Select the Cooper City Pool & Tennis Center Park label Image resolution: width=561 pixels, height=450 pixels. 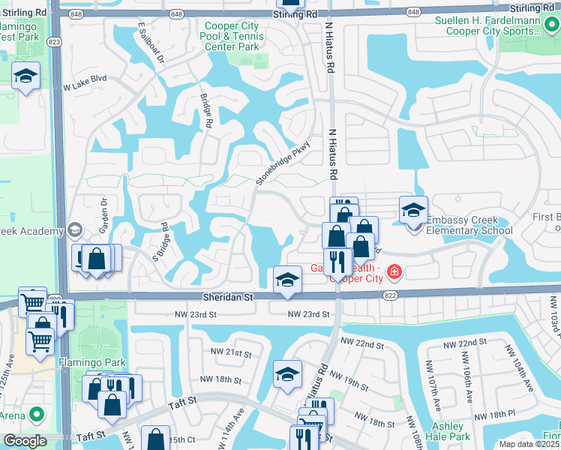tap(232, 36)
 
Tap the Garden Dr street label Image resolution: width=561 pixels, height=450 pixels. tap(103, 214)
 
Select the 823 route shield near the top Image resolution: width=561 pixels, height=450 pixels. tap(55, 43)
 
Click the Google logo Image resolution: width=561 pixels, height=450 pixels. tap(25, 440)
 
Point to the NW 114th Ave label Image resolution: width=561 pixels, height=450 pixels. tap(236, 424)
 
